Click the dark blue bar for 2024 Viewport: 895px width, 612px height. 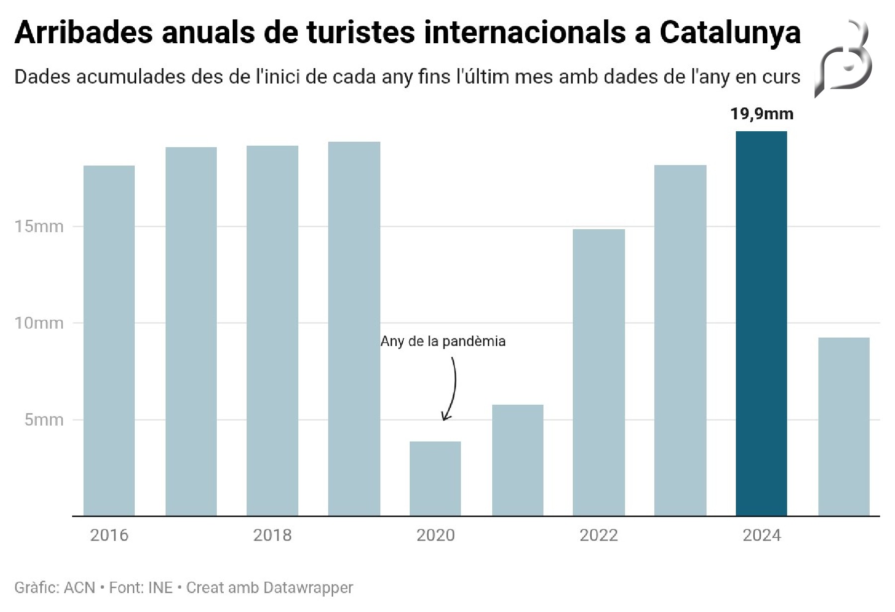point(761,323)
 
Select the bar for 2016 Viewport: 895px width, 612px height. point(109,341)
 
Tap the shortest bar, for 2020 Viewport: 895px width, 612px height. point(435,478)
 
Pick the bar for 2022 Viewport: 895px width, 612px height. point(599,372)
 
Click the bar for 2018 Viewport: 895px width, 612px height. point(272,331)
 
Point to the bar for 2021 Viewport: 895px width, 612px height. point(518,460)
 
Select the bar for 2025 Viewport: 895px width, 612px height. point(844,427)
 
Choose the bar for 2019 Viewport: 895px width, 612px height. point(354,329)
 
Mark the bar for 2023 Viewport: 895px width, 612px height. point(680,340)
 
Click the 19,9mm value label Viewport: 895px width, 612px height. point(761,114)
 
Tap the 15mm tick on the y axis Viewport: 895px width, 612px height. point(39,227)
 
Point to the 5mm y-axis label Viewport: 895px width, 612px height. point(44,420)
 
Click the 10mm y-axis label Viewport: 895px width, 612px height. point(39,323)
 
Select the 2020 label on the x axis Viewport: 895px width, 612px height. point(435,535)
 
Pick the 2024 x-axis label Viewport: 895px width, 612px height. point(761,535)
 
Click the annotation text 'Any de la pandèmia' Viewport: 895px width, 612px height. point(443,341)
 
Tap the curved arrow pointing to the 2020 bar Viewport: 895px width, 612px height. point(452,388)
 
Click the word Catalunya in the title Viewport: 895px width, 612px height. point(730,33)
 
